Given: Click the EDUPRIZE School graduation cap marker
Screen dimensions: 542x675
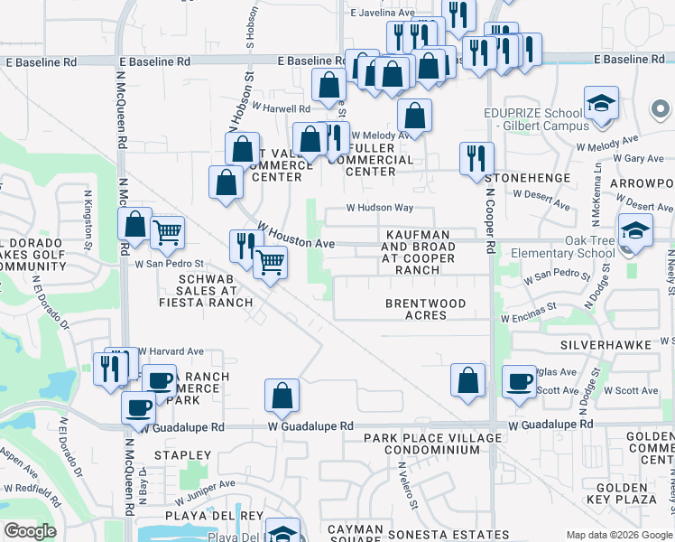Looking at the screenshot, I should coord(599,103).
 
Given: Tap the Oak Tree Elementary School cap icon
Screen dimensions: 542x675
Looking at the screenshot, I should coord(634,230).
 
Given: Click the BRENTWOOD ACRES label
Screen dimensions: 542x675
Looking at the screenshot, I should coord(426,309).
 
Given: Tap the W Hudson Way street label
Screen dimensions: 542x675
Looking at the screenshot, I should coord(381,209).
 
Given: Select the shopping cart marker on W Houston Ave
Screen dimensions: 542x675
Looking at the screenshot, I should coord(270,263).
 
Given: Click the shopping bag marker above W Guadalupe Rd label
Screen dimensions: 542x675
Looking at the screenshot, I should coord(282,395).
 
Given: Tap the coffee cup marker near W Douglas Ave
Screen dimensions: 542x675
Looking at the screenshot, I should coord(519,381).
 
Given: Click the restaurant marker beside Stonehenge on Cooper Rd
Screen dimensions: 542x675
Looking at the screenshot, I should coord(476,159).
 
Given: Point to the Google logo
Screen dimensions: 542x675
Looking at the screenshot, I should coord(30,530).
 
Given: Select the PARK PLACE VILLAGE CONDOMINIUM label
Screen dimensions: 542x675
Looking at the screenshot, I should coord(432,444).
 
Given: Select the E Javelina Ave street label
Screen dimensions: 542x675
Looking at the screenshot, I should coord(382,13).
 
